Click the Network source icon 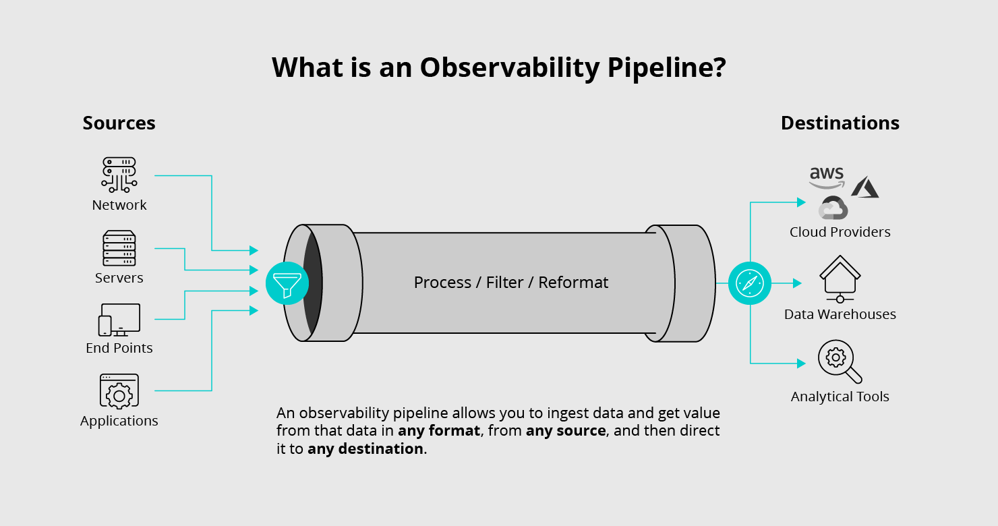point(119,175)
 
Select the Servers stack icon point(119,248)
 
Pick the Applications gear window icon point(119,391)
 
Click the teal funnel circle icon point(287,283)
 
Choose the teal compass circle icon point(749,283)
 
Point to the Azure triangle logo point(864,187)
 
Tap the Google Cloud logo point(833,208)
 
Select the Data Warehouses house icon point(840,279)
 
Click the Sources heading point(119,123)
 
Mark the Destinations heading point(840,123)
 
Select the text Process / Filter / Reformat point(510,283)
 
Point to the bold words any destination point(365,449)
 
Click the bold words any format point(439,431)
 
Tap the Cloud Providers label point(840,232)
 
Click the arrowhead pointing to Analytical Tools point(801,363)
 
